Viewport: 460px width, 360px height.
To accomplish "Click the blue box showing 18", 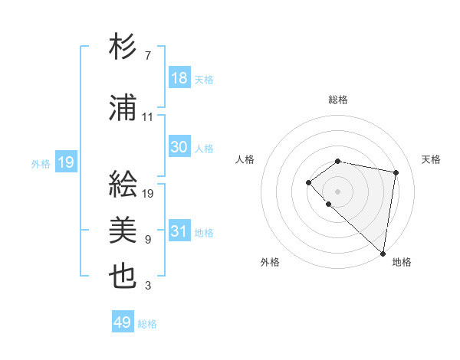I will pos(179,78).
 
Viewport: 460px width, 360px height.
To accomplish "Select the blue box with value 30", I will pos(179,147).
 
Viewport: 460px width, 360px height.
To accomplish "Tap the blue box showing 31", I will pos(179,231).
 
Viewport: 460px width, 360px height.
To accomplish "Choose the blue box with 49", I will pos(123,322).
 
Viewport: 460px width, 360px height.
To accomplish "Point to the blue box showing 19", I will pos(65,162).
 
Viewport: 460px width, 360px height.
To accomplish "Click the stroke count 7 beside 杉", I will pos(147,56).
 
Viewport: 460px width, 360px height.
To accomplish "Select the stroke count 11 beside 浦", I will pos(148,117).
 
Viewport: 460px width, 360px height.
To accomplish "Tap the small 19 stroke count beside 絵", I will pos(148,193).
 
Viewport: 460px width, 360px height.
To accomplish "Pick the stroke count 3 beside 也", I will pos(147,286).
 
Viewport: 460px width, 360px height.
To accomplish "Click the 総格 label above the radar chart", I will pos(338,100).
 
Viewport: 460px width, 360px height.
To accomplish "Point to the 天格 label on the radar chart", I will pos(432,159).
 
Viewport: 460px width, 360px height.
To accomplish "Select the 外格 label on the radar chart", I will pos(270,262).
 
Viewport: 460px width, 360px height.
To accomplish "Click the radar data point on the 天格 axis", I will pos(396,172).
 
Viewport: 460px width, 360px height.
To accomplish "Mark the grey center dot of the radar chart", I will pos(338,191).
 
